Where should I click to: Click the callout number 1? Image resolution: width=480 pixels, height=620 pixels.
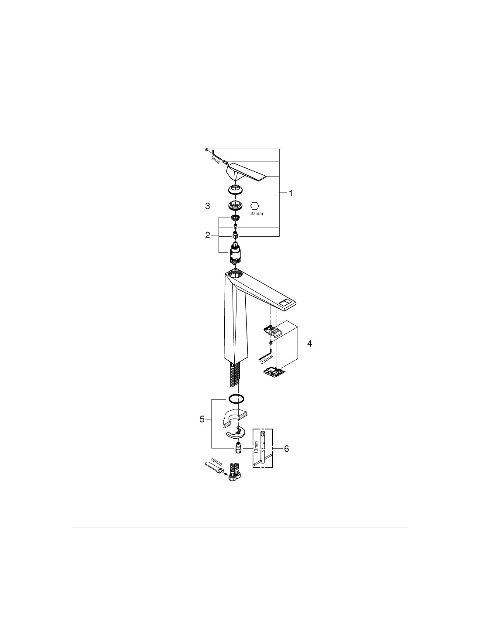pos(291,194)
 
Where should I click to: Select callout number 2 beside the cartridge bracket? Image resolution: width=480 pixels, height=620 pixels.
pos(208,235)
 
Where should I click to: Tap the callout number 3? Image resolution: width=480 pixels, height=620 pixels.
pos(208,206)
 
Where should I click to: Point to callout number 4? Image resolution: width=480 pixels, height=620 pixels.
pos(309,344)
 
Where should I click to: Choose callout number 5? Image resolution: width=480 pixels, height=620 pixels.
pos(202,419)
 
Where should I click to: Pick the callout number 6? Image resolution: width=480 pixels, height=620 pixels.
pos(286,449)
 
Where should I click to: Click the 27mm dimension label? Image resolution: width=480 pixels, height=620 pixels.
pos(257,213)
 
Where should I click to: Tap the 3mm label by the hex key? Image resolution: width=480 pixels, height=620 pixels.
pos(215,160)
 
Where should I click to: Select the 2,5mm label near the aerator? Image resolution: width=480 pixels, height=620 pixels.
pos(267,360)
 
